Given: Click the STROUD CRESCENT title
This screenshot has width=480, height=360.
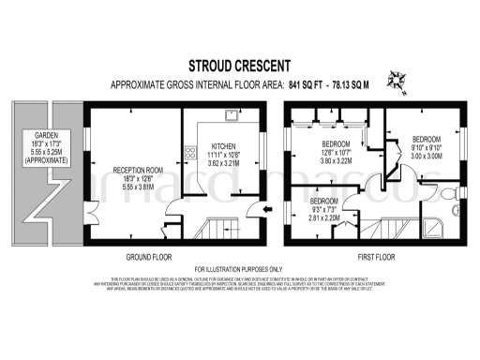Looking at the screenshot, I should pos(239,66).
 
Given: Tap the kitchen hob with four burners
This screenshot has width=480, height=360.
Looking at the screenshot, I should pos(188,156).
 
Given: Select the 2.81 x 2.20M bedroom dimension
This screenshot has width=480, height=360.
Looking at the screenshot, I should pos(324,217).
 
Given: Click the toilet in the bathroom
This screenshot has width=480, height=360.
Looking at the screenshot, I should pos(451,192).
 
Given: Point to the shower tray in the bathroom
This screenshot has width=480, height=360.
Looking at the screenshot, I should pos(437,228).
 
